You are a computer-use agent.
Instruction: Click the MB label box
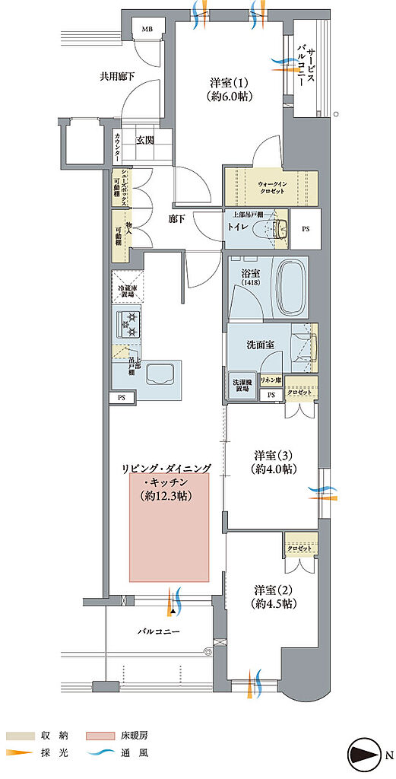(146, 30)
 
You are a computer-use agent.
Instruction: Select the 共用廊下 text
(117, 77)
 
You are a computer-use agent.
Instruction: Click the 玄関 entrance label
(145, 139)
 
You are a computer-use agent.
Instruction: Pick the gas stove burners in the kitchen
(127, 325)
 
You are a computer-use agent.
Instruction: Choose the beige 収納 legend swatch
(21, 736)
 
